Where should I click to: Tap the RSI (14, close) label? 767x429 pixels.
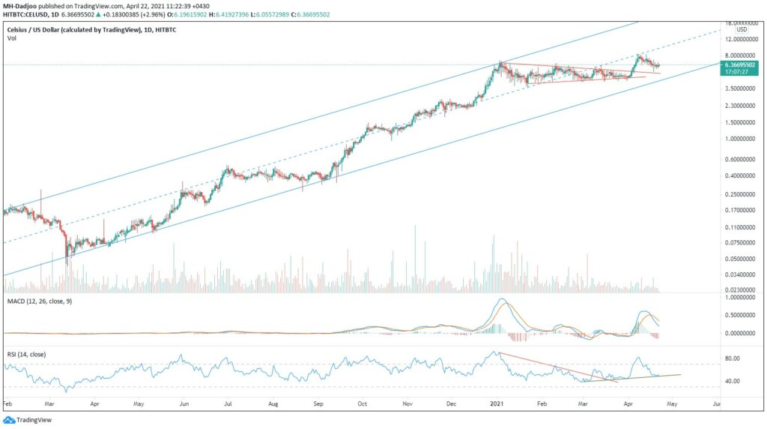click(x=27, y=349)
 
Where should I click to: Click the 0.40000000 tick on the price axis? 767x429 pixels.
click(x=741, y=176)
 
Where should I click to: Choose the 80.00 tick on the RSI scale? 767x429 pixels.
click(x=733, y=358)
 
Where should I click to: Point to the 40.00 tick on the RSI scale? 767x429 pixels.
click(x=733, y=381)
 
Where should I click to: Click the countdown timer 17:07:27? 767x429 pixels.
click(x=737, y=73)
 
